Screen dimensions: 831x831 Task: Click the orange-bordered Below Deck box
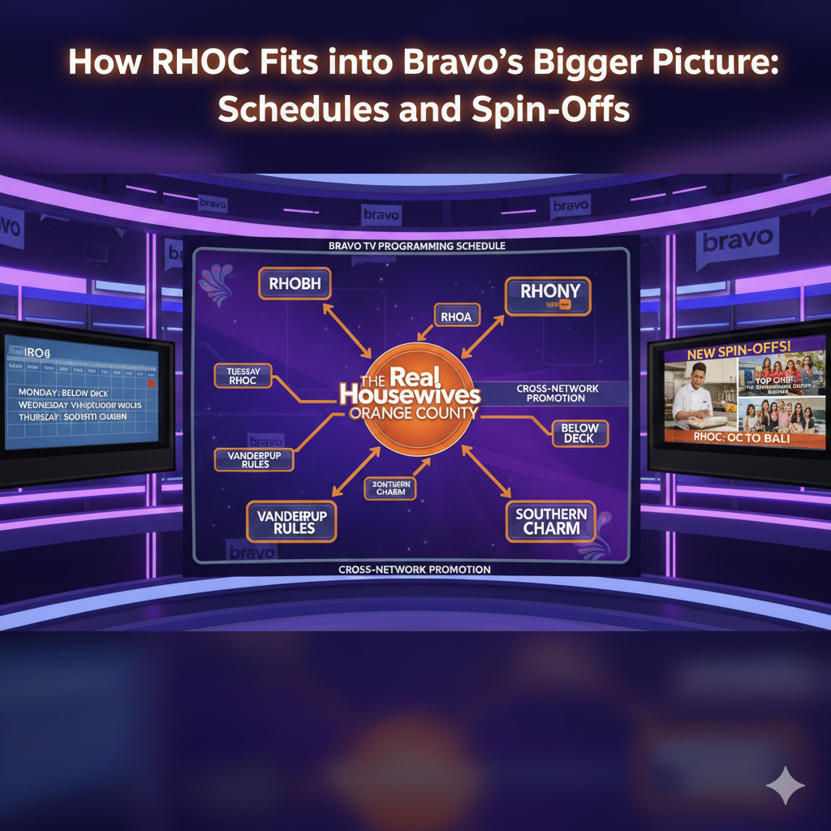579,433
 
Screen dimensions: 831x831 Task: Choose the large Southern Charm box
551,521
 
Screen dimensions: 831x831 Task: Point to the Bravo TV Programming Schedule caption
416,245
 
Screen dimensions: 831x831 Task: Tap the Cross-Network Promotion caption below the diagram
414,570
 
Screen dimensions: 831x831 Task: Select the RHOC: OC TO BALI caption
740,437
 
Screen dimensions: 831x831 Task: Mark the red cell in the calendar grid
150,382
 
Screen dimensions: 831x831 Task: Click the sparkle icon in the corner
785,786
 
